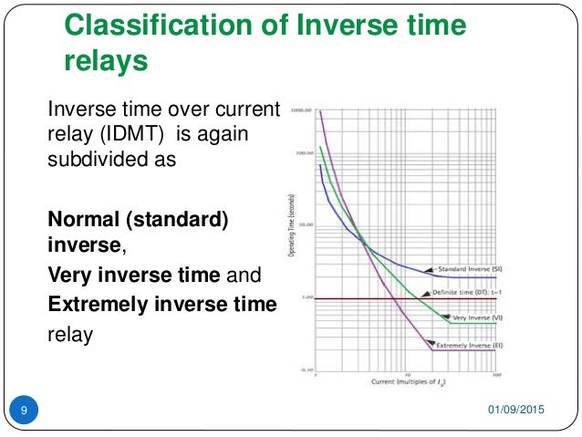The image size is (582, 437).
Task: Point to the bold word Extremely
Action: coord(96,304)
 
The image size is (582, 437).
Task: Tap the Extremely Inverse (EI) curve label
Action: coord(469,348)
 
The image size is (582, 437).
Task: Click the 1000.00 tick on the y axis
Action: coord(302,110)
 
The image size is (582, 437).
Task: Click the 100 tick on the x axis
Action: coord(495,373)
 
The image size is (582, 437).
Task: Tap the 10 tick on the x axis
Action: coord(404,373)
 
